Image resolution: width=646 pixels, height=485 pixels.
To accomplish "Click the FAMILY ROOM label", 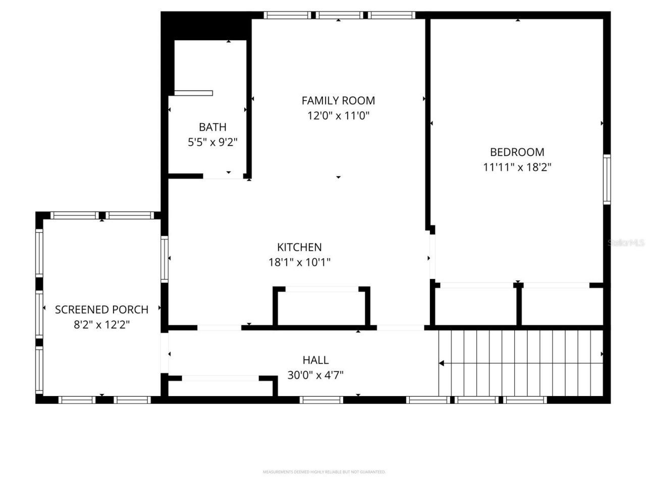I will tap(338, 101).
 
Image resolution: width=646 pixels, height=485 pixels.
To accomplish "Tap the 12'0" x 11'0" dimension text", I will tap(338, 116).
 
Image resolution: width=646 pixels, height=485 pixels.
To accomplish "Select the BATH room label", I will tap(212, 127).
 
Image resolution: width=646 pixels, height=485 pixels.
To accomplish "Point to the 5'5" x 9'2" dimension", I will tap(212, 142).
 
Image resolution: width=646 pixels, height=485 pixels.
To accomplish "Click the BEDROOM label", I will tap(517, 152).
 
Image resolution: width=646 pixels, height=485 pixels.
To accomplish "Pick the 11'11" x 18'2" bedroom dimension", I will tap(517, 167).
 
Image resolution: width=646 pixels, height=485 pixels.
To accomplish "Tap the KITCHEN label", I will tap(299, 247).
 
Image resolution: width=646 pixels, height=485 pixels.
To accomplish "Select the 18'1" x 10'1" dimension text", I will tap(299, 262).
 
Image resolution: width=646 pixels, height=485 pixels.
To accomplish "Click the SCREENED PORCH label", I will tap(101, 310).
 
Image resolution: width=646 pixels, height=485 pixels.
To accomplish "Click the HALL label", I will tap(315, 360).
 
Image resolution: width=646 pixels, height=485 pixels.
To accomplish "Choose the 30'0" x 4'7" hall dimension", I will tap(315, 375).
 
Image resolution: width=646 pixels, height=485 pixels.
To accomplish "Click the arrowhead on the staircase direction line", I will tap(441, 363).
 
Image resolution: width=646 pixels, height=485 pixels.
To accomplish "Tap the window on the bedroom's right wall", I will tap(607, 179).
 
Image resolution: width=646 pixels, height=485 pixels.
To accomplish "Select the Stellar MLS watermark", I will tap(626, 243).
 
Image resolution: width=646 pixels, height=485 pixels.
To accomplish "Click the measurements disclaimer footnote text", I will tap(324, 472).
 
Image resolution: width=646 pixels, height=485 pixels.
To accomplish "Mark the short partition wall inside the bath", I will tap(193, 93).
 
